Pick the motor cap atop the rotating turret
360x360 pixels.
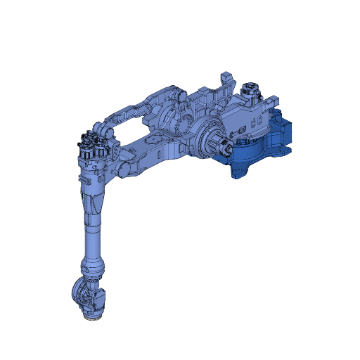[x=248, y=90]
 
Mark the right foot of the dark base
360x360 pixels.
[x=285, y=150]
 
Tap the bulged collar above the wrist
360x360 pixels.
[x=94, y=266]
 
